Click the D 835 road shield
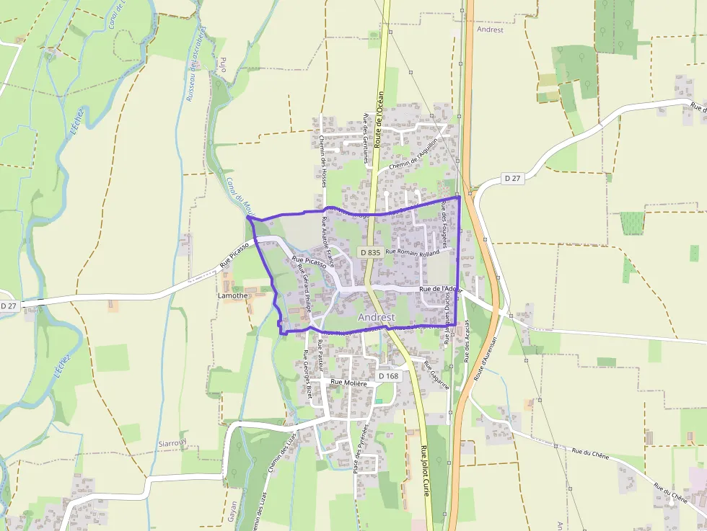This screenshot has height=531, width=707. pyautogui.click(x=369, y=252)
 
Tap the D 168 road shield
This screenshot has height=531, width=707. pyautogui.click(x=388, y=376)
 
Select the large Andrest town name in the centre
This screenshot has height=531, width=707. pyautogui.click(x=376, y=317)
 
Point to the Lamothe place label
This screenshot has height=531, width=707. pyautogui.click(x=232, y=295)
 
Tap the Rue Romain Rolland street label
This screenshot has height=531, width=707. pyautogui.click(x=413, y=253)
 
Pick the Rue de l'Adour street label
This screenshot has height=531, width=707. pyautogui.click(x=440, y=290)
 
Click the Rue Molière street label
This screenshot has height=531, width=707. pyautogui.click(x=349, y=383)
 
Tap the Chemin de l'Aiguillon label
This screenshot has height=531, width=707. pyautogui.click(x=413, y=156)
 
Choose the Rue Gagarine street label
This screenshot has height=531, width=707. pyautogui.click(x=436, y=375)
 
